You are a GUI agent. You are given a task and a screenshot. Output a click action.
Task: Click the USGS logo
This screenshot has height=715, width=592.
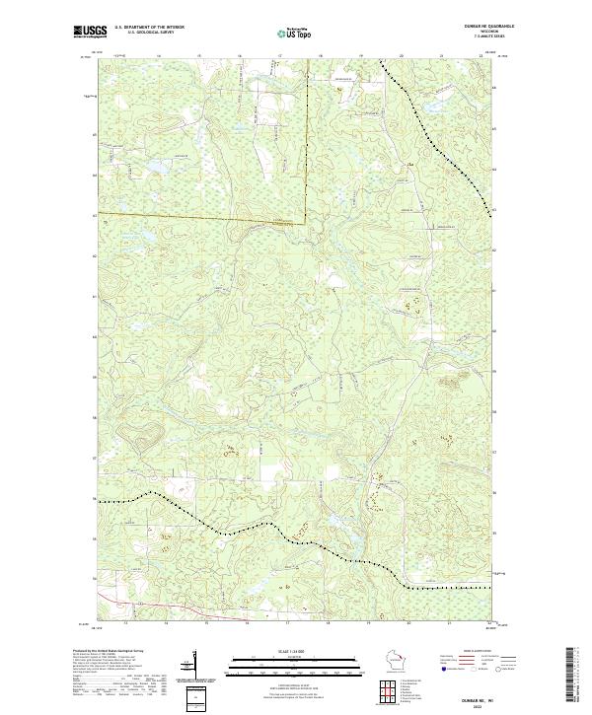tap(90, 33)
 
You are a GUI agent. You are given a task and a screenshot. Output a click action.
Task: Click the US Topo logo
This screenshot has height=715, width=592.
tap(295, 34)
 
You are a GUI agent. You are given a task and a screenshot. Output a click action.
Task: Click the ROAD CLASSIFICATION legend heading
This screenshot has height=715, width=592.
tap(478, 651)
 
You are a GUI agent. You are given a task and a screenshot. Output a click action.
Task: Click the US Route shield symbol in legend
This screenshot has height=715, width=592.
tap(475, 669)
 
